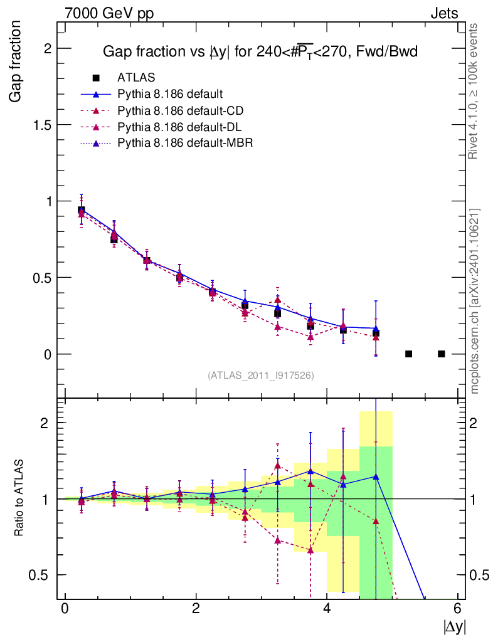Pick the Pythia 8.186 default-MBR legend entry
[184, 143]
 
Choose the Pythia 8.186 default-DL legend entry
[179, 127]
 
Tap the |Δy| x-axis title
[454, 626]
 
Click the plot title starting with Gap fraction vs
[260, 53]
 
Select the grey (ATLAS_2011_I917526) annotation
[261, 375]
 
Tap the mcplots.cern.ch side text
[475, 300]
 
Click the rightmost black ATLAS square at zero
[441, 354]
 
